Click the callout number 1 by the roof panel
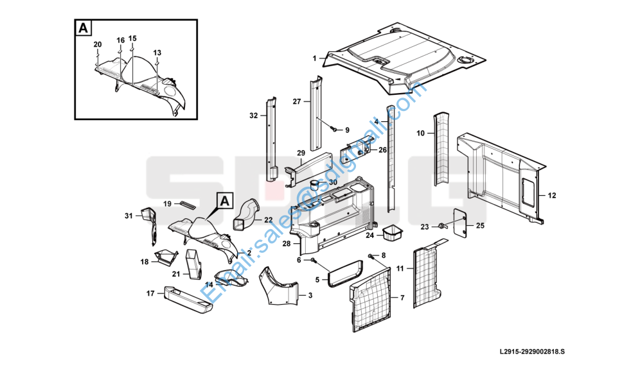click(314, 58)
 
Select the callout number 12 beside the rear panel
click(551, 194)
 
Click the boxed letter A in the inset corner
click(83, 28)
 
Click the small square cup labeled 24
click(391, 232)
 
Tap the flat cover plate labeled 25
click(459, 221)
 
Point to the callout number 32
click(253, 116)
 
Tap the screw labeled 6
click(313, 260)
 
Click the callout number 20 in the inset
click(98, 44)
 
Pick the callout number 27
click(297, 101)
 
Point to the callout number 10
click(421, 133)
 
